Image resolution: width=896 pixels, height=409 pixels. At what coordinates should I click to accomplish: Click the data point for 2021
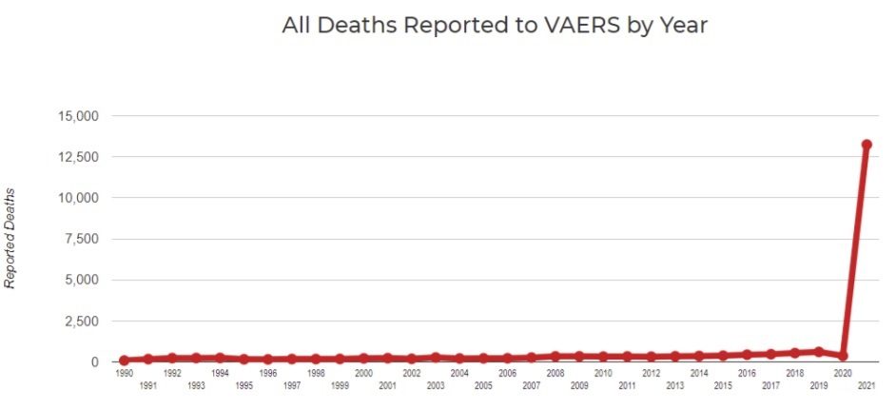(867, 145)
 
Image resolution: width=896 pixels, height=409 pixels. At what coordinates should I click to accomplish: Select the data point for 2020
(843, 356)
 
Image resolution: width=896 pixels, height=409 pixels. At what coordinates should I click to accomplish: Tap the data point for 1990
(124, 360)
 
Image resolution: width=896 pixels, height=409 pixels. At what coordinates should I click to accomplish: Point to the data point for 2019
(819, 351)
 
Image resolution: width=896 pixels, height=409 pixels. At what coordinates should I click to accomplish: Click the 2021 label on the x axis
(867, 385)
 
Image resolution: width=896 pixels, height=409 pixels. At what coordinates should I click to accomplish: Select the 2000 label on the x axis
(363, 374)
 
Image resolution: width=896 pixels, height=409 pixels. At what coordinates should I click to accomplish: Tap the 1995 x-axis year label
(243, 385)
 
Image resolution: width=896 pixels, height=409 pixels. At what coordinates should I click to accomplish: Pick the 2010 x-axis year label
(603, 374)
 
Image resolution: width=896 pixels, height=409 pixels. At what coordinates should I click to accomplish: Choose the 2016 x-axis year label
(747, 374)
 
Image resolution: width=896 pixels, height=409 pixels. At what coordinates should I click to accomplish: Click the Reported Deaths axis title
(10, 238)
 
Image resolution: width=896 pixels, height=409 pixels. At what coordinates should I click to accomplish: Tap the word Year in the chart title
(685, 26)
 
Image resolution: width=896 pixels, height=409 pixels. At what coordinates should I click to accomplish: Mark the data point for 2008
(555, 357)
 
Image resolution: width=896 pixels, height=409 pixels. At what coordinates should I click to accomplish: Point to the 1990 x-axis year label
(124, 374)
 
